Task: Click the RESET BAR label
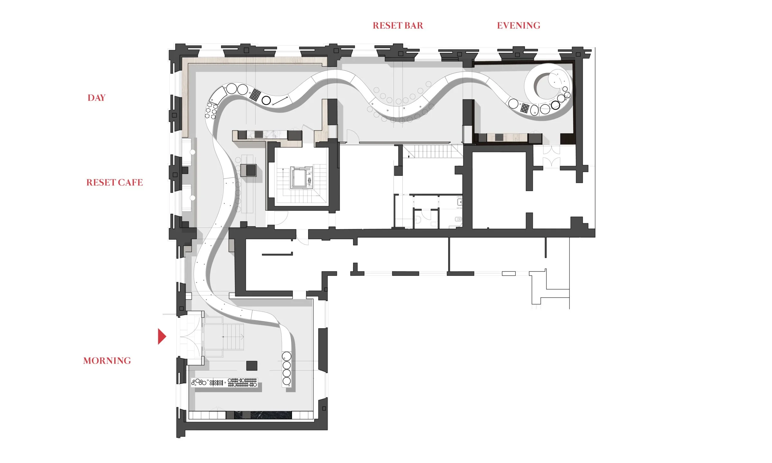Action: click(398, 26)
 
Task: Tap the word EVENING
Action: click(518, 26)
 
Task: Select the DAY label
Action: click(96, 98)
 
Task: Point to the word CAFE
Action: click(130, 183)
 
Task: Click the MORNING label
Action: click(107, 361)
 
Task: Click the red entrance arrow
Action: click(161, 336)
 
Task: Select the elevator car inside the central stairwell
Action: click(300, 178)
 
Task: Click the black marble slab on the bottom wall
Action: click(263, 415)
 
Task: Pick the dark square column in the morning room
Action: click(252, 366)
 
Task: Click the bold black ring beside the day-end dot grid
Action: click(266, 100)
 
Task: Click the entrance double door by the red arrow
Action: click(191, 337)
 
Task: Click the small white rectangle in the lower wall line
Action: click(509, 273)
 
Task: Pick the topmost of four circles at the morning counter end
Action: click(287, 356)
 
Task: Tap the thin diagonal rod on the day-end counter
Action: click(280, 100)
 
